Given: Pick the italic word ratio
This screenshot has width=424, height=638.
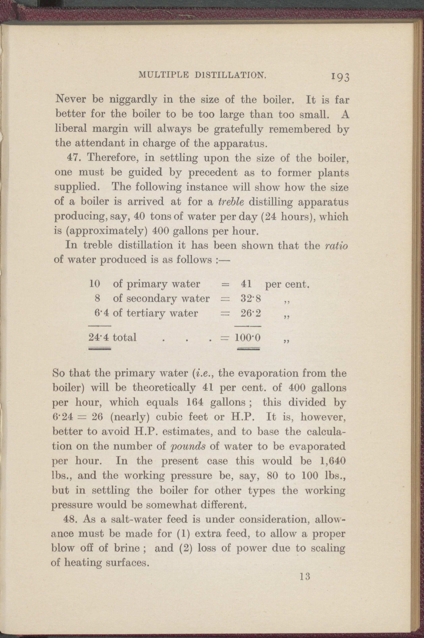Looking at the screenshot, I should [x=336, y=246].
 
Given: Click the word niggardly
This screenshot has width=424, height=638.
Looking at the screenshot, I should [x=133, y=100].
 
